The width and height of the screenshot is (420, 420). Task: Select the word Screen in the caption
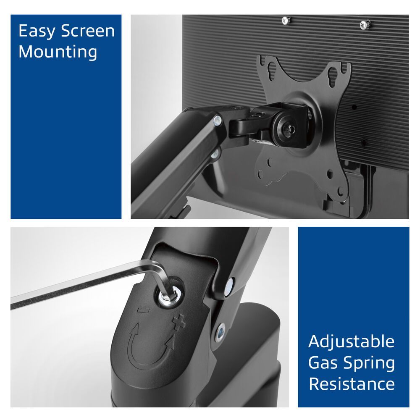pyautogui.click(x=88, y=31)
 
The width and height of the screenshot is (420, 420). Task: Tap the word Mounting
pyautogui.click(x=58, y=52)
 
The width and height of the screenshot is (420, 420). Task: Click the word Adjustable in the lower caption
pyautogui.click(x=352, y=342)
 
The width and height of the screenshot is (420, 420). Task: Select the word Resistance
pyautogui.click(x=352, y=384)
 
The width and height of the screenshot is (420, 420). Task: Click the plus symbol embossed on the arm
pyautogui.click(x=178, y=324)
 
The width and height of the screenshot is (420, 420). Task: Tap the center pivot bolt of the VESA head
pyautogui.click(x=289, y=129)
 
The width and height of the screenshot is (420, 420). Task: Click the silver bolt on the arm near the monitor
pyautogui.click(x=217, y=122)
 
